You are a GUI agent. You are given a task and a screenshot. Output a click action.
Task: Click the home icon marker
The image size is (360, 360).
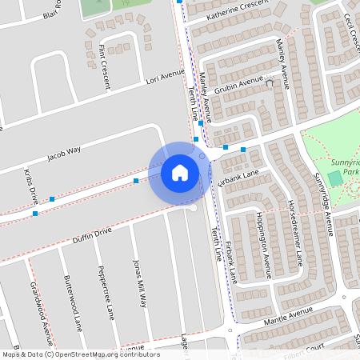coord(180,172)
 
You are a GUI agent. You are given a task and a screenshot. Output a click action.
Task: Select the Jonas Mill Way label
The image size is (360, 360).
coord(140,283)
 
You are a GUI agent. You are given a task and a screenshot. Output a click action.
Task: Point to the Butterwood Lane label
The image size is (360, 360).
coord(73,304)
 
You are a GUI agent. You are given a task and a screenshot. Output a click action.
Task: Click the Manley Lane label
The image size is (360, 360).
coord(279,53)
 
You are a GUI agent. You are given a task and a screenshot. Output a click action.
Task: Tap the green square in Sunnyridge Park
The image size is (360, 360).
coord(334,178)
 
